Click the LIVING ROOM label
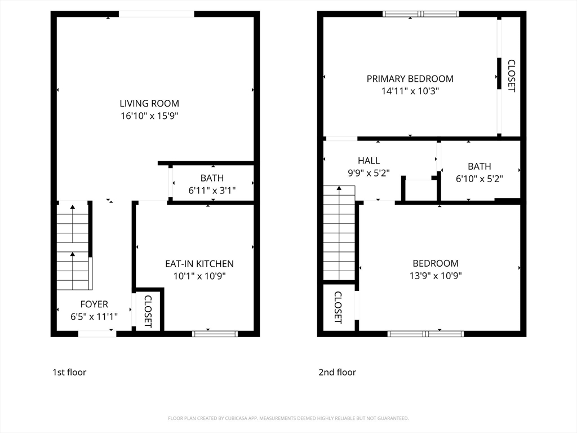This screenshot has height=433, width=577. click(149, 103)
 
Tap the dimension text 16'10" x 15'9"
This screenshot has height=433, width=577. click(149, 116)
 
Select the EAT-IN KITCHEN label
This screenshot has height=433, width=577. click(199, 263)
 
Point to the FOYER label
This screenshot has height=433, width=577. click(94, 304)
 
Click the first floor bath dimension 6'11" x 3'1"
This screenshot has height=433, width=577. click(212, 191)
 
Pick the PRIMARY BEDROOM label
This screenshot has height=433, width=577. click(410, 78)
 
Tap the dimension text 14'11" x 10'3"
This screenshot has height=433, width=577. click(410, 91)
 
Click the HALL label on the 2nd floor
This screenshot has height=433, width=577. click(369, 161)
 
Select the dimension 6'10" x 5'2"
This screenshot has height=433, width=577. click(479, 179)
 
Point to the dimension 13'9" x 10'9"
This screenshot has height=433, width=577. click(435, 276)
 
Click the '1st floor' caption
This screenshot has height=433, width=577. click(69, 372)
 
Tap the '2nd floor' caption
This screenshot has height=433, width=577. click(337, 372)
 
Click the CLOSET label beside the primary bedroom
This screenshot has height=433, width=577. click(511, 76)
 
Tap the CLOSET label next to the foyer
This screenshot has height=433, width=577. click(148, 311)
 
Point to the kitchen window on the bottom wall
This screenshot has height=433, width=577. click(215, 334)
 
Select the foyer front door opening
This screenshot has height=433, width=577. click(97, 334)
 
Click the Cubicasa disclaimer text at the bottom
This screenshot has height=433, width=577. click(288, 418)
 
